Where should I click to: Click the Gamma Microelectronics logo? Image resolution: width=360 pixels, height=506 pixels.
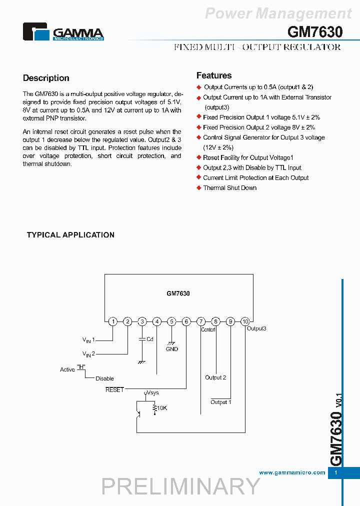[x=63, y=32]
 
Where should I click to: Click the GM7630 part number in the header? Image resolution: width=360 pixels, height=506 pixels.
[x=315, y=32]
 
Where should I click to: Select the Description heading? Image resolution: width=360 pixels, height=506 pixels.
[x=46, y=78]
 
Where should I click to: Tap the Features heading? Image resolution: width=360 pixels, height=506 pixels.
[x=214, y=75]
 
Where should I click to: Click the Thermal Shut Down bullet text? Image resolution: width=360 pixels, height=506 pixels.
[x=229, y=188]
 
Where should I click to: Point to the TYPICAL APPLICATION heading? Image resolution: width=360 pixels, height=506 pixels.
[x=70, y=235]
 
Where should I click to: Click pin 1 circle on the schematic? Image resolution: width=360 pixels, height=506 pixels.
[x=113, y=321]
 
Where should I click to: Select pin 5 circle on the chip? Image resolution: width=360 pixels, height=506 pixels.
[x=171, y=321]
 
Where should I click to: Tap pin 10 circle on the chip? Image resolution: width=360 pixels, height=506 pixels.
[x=245, y=321]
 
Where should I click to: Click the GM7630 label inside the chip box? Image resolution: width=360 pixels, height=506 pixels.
[x=178, y=294]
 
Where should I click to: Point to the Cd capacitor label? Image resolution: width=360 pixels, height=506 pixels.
[x=149, y=339]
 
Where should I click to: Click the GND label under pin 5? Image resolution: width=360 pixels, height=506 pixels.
[x=172, y=349]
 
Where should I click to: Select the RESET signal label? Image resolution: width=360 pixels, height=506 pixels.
[x=114, y=389]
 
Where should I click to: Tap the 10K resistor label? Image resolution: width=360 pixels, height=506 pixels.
[x=161, y=408]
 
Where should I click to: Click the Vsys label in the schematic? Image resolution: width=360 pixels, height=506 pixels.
[x=152, y=393]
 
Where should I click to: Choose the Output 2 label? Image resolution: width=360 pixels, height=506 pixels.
[x=215, y=377]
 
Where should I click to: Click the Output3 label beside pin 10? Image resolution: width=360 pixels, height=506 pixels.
[x=256, y=328]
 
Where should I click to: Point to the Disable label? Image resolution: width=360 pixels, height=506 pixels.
[x=104, y=378]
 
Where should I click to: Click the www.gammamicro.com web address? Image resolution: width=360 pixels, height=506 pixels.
[x=292, y=472]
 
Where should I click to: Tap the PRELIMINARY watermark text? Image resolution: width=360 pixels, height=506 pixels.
[x=181, y=486]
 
